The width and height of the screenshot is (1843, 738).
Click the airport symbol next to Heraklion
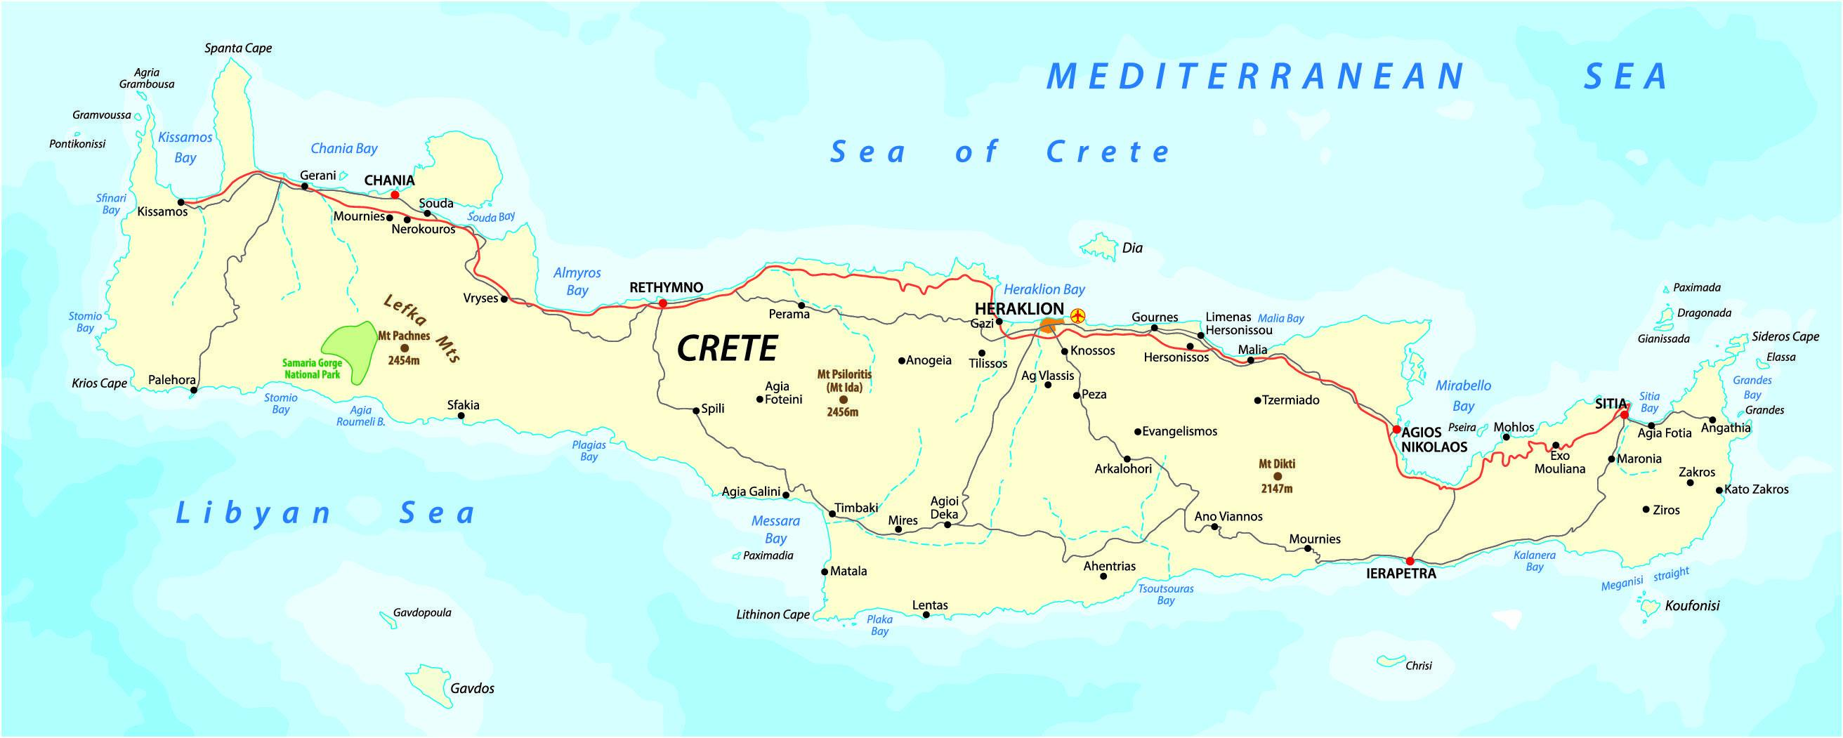[1077, 315]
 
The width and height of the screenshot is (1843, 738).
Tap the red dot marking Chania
[395, 195]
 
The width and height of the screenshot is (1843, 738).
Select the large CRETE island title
[727, 349]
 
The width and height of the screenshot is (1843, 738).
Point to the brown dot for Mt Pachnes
[405, 348]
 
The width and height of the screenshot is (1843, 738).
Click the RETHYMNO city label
[666, 287]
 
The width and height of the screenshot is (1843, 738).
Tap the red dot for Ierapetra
[1410, 560]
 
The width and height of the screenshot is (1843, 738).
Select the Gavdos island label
[472, 689]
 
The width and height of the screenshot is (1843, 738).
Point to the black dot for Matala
[824, 572]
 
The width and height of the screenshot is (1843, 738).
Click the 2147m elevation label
[1276, 489]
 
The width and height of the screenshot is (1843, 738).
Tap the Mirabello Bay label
[1463, 395]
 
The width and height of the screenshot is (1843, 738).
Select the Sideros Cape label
[1785, 337]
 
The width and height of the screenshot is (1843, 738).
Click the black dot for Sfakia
[461, 416]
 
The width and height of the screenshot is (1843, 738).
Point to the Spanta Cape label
[238, 48]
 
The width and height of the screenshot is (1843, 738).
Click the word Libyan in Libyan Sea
[254, 513]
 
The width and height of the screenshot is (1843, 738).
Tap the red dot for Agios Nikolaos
[1396, 430]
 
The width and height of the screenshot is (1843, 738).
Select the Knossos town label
[1092, 351]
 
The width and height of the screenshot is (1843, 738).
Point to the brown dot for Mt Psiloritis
[843, 400]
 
